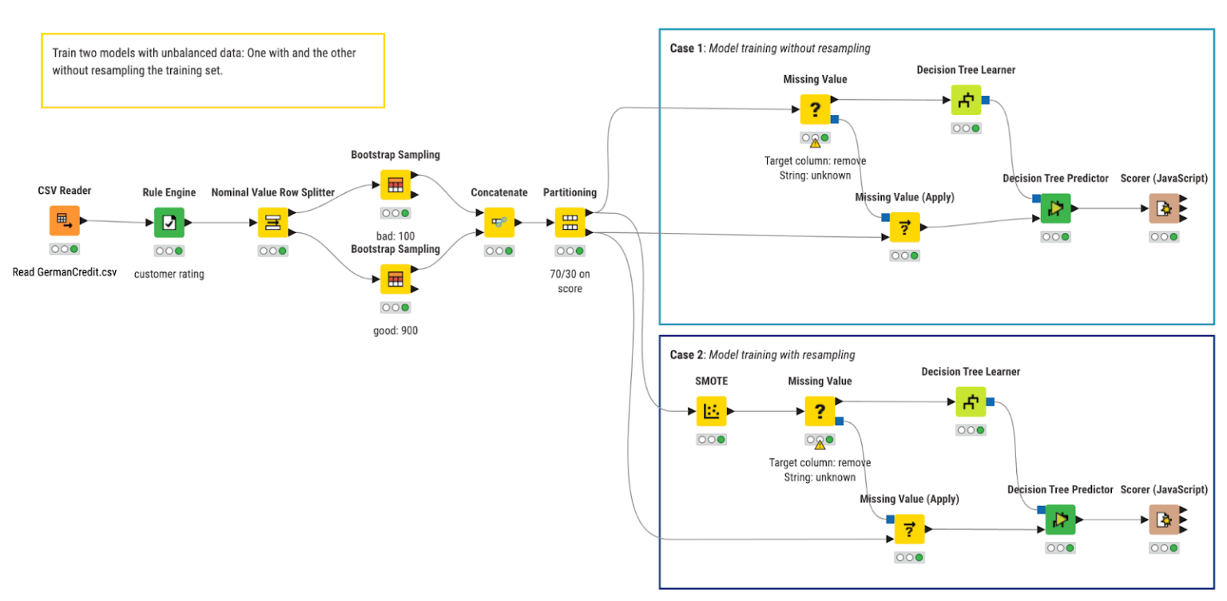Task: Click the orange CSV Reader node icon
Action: (x=65, y=221)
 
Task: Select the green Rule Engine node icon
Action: (x=169, y=223)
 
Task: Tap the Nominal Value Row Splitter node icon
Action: (x=272, y=223)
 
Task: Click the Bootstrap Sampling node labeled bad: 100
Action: (x=395, y=185)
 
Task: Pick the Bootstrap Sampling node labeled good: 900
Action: (x=395, y=279)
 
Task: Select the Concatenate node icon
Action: (x=499, y=223)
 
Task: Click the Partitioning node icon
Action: (x=570, y=223)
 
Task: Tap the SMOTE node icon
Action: (x=711, y=412)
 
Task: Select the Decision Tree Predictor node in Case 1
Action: (x=1055, y=209)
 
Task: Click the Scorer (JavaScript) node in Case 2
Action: (x=1164, y=520)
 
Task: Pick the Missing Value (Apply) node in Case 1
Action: (x=904, y=227)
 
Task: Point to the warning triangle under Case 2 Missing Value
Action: (x=820, y=445)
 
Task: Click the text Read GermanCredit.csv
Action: (x=65, y=271)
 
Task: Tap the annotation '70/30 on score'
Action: (x=570, y=281)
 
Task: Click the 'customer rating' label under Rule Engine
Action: (x=169, y=274)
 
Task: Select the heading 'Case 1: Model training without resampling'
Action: (x=769, y=49)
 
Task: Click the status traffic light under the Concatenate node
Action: (x=499, y=251)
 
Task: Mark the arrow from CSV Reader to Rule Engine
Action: (x=117, y=222)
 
